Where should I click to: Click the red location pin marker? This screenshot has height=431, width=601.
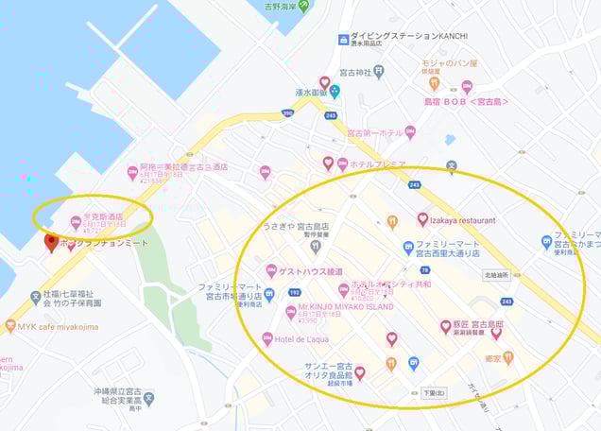[x=51, y=243]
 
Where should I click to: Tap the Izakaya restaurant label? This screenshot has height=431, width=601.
[x=462, y=220]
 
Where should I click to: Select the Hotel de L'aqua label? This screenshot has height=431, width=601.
[x=302, y=338]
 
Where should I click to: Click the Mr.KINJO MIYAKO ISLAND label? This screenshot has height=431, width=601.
[x=345, y=307]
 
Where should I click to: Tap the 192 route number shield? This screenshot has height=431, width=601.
[x=294, y=293]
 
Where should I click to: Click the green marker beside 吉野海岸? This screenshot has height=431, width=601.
[x=303, y=7]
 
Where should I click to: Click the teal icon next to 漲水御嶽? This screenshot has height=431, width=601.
[x=335, y=92]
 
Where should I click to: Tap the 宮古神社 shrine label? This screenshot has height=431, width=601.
[x=352, y=72]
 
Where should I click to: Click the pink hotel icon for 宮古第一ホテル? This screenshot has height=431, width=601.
[x=409, y=132]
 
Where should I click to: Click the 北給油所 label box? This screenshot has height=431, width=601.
[x=496, y=275]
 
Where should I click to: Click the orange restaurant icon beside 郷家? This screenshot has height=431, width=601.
[x=508, y=358]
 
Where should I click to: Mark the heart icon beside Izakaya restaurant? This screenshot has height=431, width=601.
[x=422, y=219]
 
